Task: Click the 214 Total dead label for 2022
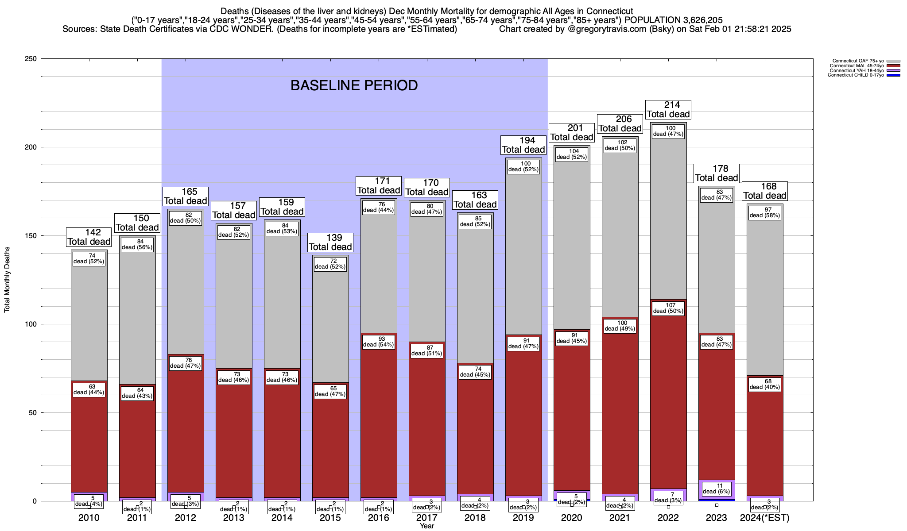coord(668,109)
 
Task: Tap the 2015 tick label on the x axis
coord(330,518)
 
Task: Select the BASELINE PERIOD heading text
coord(354,85)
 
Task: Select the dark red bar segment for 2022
coord(668,398)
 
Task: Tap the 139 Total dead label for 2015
coord(330,242)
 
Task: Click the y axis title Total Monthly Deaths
coord(7,280)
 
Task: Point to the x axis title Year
coord(427,526)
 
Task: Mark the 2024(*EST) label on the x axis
coord(765,518)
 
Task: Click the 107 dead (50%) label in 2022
coord(668,308)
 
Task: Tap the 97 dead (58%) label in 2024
coord(765,213)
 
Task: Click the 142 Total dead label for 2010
coord(89,237)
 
